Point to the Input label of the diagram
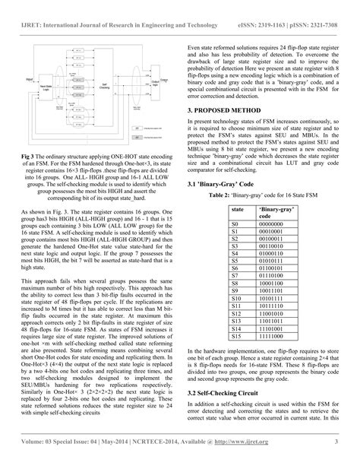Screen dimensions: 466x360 pyautogui.click(x=29, y=77)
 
